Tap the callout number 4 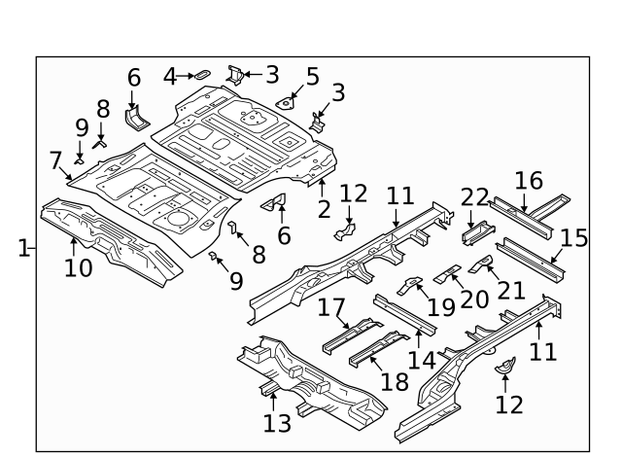click(x=170, y=75)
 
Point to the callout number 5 click(x=312, y=76)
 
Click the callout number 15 click(x=574, y=238)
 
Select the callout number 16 click(x=529, y=181)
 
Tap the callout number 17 click(x=332, y=308)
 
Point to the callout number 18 click(x=395, y=380)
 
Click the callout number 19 click(x=440, y=306)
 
